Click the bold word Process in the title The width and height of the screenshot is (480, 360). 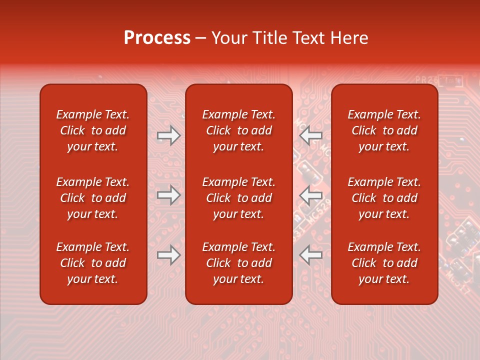pos(157,38)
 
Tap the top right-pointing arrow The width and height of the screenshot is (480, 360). pos(169,135)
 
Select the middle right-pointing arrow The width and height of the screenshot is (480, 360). pos(169,195)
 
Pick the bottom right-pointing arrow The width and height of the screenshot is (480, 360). pos(169,255)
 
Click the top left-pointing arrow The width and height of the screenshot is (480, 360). pos(310,135)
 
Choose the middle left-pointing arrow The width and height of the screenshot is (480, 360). pos(310,195)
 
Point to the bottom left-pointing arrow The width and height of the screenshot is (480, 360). pos(310,255)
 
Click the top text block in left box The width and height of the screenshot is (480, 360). pos(93,130)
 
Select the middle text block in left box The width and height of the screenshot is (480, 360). pos(93,198)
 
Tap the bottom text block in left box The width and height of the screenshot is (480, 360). pos(93,263)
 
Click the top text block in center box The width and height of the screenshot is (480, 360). pos(238,130)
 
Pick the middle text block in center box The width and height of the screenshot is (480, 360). pos(238,198)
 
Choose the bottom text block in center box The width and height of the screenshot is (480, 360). pos(238,263)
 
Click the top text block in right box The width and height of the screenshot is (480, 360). pos(384,130)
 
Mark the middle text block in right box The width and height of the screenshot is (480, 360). pos(384,198)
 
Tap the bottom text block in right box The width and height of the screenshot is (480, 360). pos(384,263)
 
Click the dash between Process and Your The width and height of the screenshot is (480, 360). pos(201,38)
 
